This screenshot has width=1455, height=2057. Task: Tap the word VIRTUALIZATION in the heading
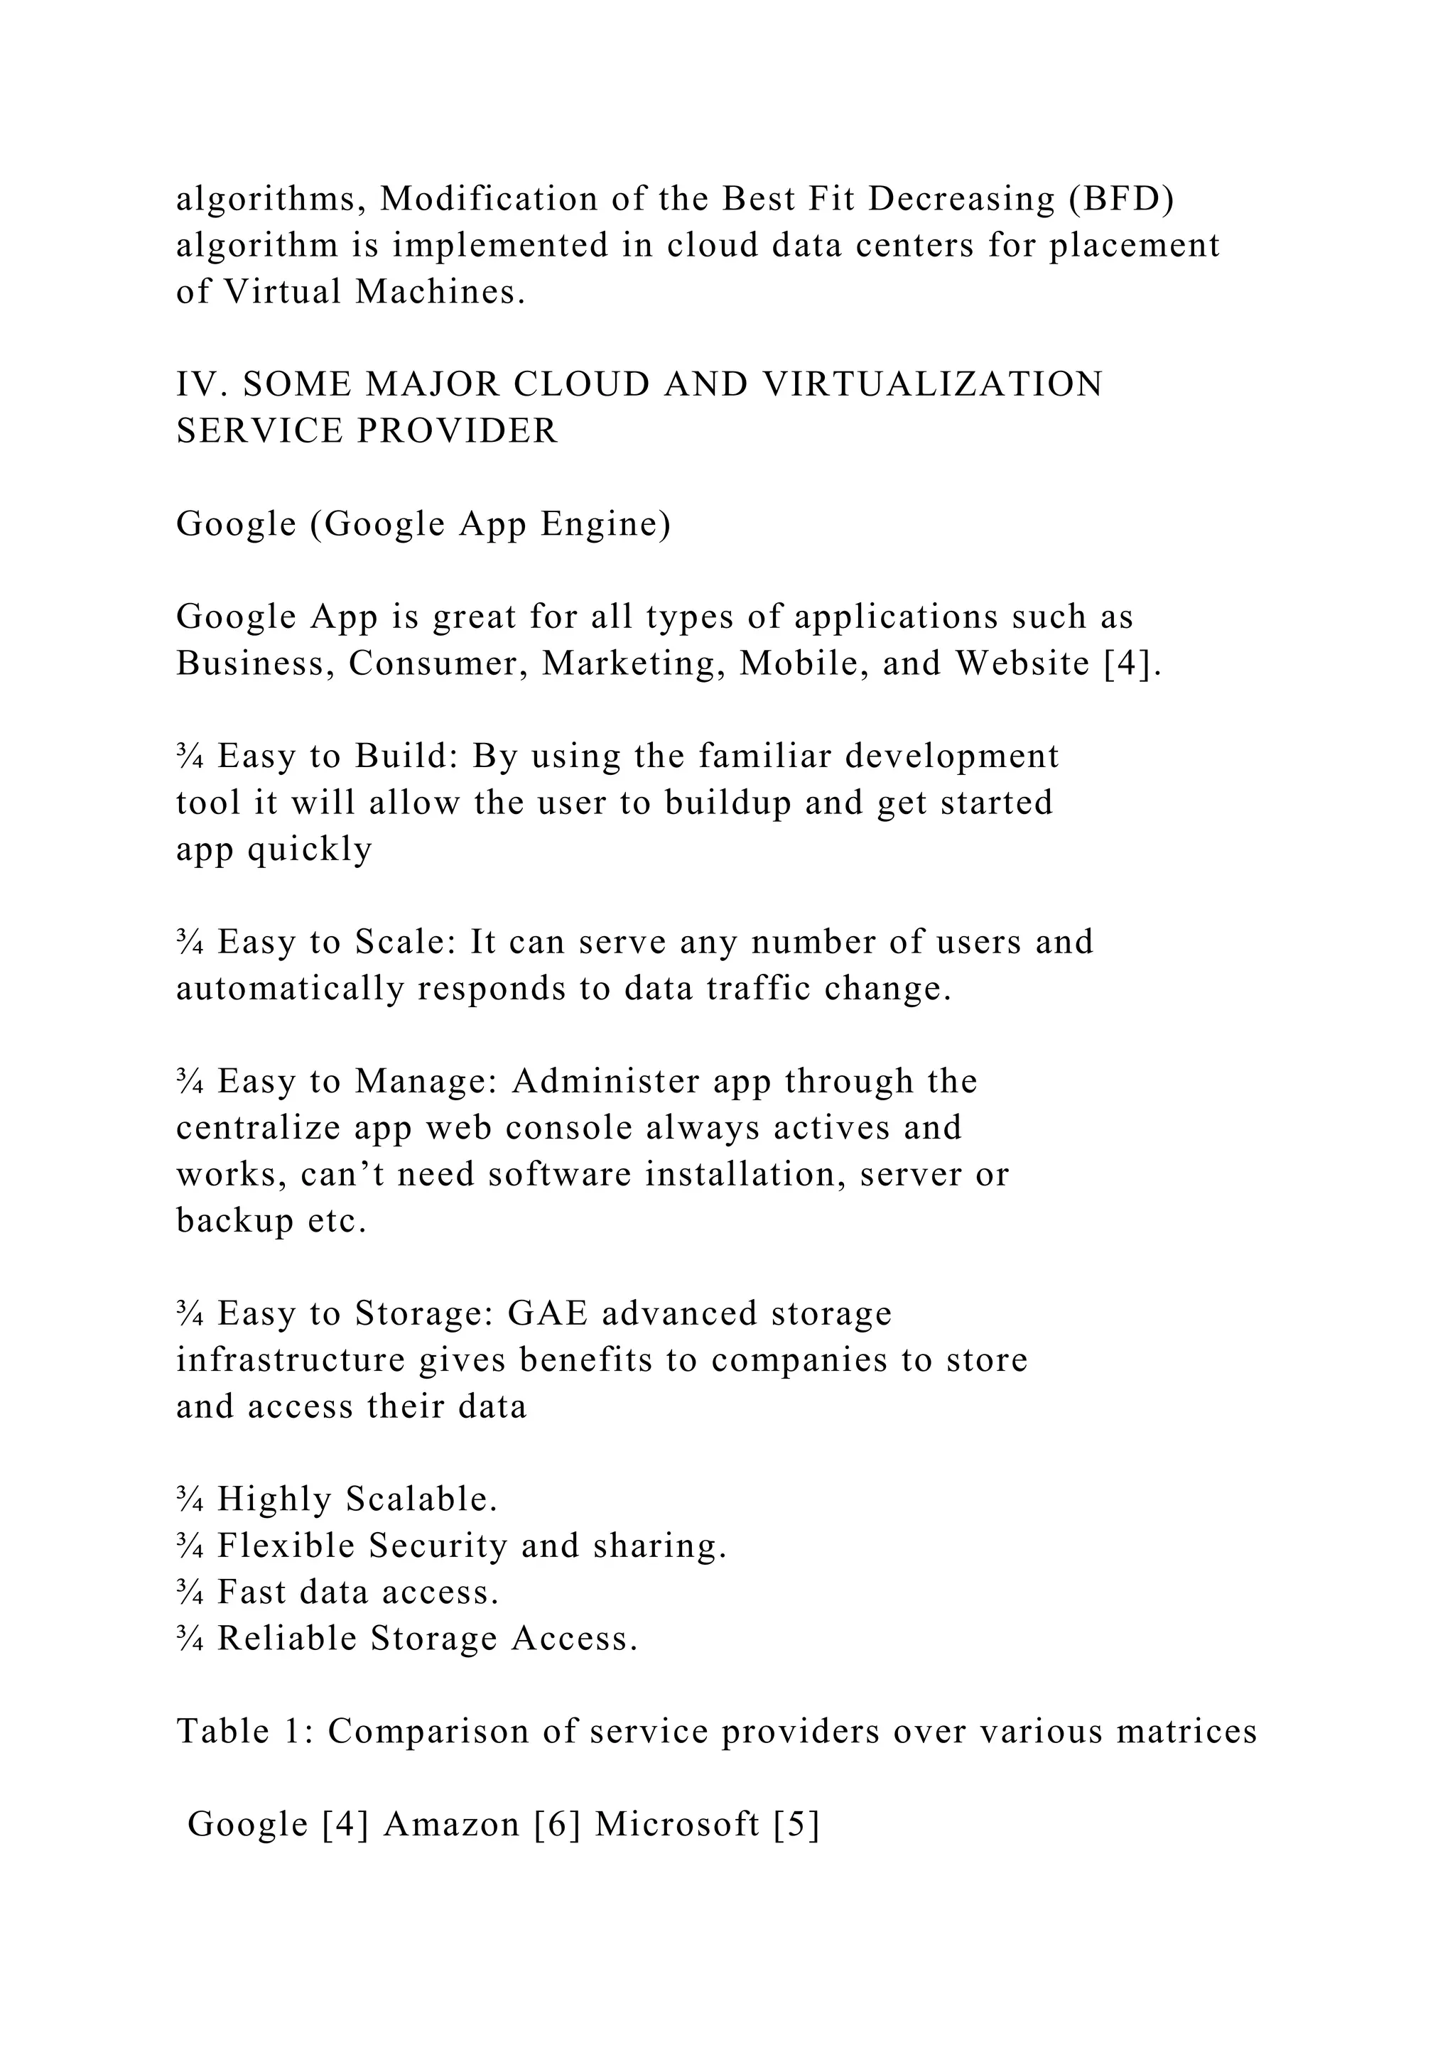point(932,384)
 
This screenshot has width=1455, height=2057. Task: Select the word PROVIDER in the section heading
point(457,431)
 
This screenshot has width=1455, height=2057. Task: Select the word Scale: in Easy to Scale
point(407,942)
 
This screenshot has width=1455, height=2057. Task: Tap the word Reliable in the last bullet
point(287,1639)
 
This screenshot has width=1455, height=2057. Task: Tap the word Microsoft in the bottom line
point(677,1825)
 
